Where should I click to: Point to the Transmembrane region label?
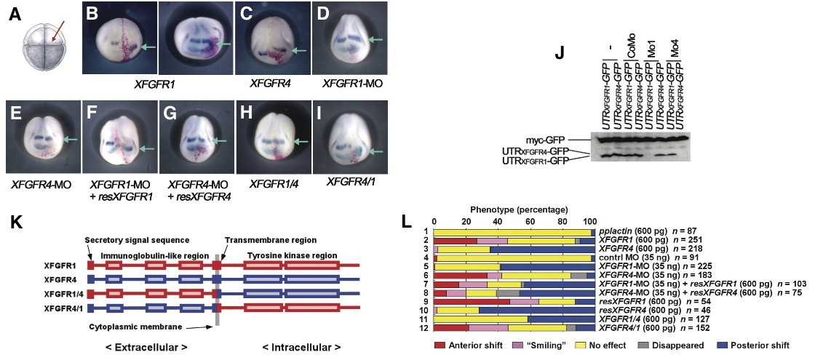tap(260, 239)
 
